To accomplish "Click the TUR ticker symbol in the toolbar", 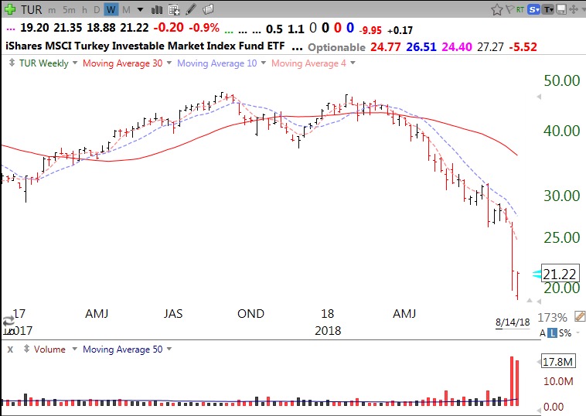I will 31,9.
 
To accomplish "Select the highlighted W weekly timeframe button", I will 111,9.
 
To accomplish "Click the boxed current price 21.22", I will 560,274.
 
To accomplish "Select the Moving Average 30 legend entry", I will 122,63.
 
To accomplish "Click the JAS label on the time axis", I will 173,314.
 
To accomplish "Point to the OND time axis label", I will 250,314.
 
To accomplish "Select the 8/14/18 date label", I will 513,322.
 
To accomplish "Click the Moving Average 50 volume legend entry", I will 122,350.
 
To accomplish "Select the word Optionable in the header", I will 336,47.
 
